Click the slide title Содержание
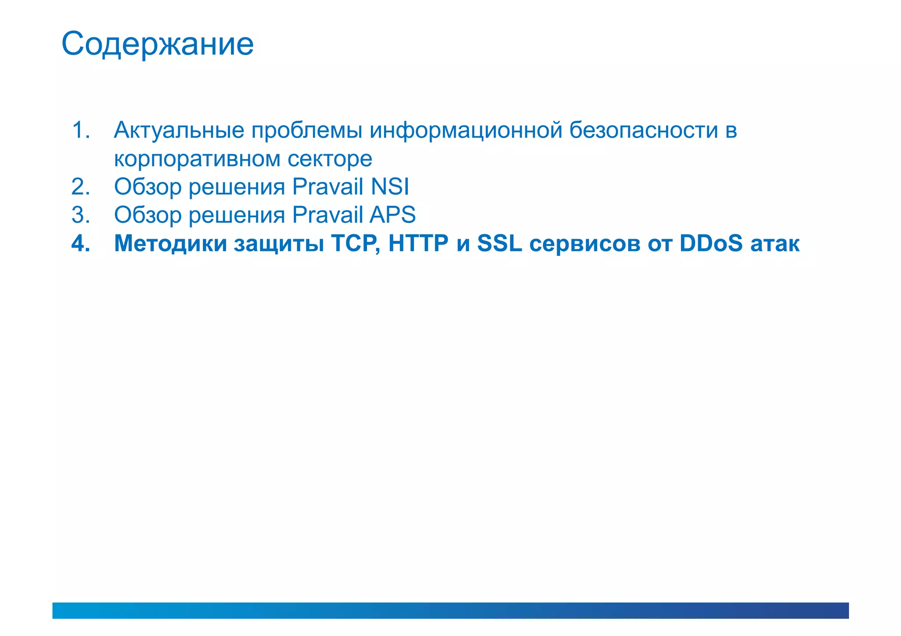[157, 44]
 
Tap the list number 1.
[81, 130]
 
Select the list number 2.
[81, 187]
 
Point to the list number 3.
[81, 215]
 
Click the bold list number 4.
[81, 243]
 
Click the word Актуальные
[179, 131]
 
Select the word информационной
[466, 131]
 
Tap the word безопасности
[644, 131]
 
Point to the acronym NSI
[390, 187]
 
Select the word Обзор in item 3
[148, 215]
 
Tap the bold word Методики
[170, 243]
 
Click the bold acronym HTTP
[418, 243]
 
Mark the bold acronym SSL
[500, 243]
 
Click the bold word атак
[775, 244]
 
